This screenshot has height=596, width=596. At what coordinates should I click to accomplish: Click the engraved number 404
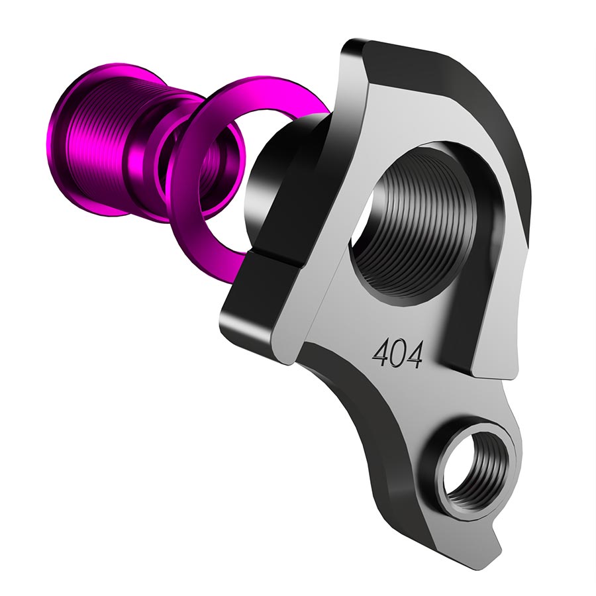coord(397,356)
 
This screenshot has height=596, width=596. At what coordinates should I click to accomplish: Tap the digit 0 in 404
coord(397,356)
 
